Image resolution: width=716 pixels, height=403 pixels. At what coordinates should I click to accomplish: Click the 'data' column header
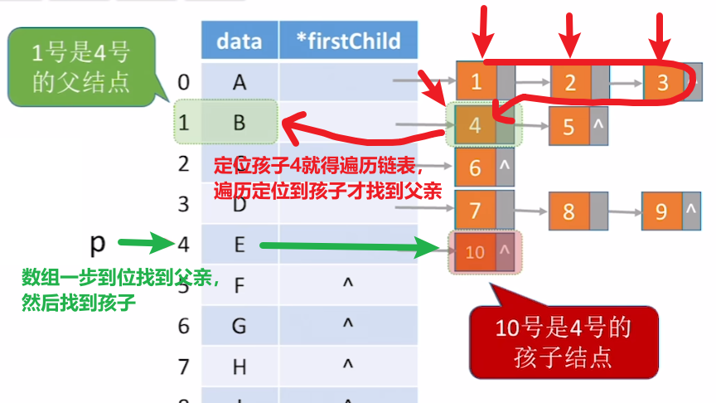pyautogui.click(x=239, y=41)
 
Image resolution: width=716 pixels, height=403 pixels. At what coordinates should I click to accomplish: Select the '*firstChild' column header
pyautogui.click(x=347, y=41)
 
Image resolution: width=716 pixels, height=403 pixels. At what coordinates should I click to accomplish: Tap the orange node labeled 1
pyautogui.click(x=476, y=81)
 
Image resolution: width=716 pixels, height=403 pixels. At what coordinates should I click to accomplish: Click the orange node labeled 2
pyautogui.click(x=569, y=81)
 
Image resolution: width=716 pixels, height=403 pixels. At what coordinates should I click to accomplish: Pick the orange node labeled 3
pyautogui.click(x=661, y=81)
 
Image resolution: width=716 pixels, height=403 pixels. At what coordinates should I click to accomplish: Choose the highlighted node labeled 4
pyautogui.click(x=475, y=126)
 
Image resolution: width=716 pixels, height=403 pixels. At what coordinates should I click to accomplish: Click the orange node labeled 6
pyautogui.click(x=475, y=167)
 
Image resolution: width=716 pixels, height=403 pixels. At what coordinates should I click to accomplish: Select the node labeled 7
pyautogui.click(x=475, y=209)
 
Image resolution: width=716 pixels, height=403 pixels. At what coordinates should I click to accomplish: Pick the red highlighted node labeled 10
pyautogui.click(x=476, y=250)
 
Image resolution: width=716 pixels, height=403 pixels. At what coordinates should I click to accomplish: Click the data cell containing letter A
pyautogui.click(x=239, y=81)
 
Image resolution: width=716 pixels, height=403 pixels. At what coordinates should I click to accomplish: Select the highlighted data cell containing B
pyautogui.click(x=239, y=123)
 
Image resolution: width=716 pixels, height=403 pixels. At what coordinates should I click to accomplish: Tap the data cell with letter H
pyautogui.click(x=239, y=364)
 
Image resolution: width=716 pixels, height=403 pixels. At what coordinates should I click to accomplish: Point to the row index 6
pyautogui.click(x=184, y=325)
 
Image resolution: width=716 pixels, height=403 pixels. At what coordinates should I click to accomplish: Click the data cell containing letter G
pyautogui.click(x=239, y=325)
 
